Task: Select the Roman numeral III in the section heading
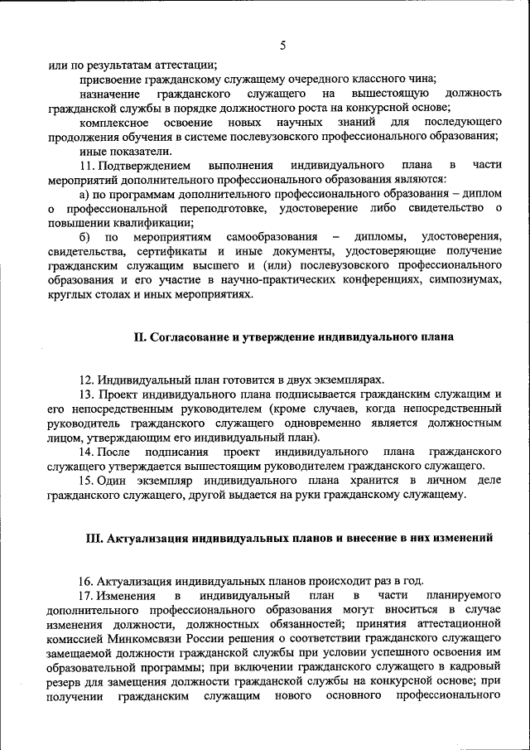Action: (x=94, y=538)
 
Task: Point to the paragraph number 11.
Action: (x=87, y=165)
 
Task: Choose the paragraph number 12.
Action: (x=86, y=380)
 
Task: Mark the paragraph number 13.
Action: (x=86, y=394)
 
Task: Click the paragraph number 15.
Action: (x=86, y=481)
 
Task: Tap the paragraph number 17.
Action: (x=86, y=596)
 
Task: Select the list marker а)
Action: (x=84, y=193)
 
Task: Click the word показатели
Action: (x=137, y=151)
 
